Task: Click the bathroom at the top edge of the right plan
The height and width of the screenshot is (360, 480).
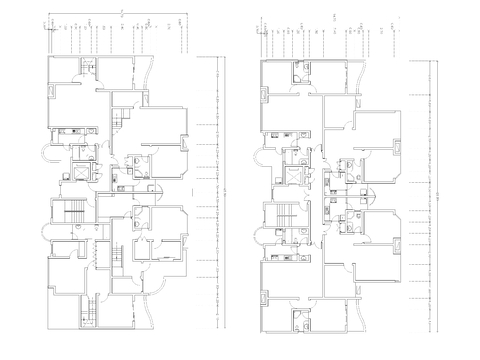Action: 298,71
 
